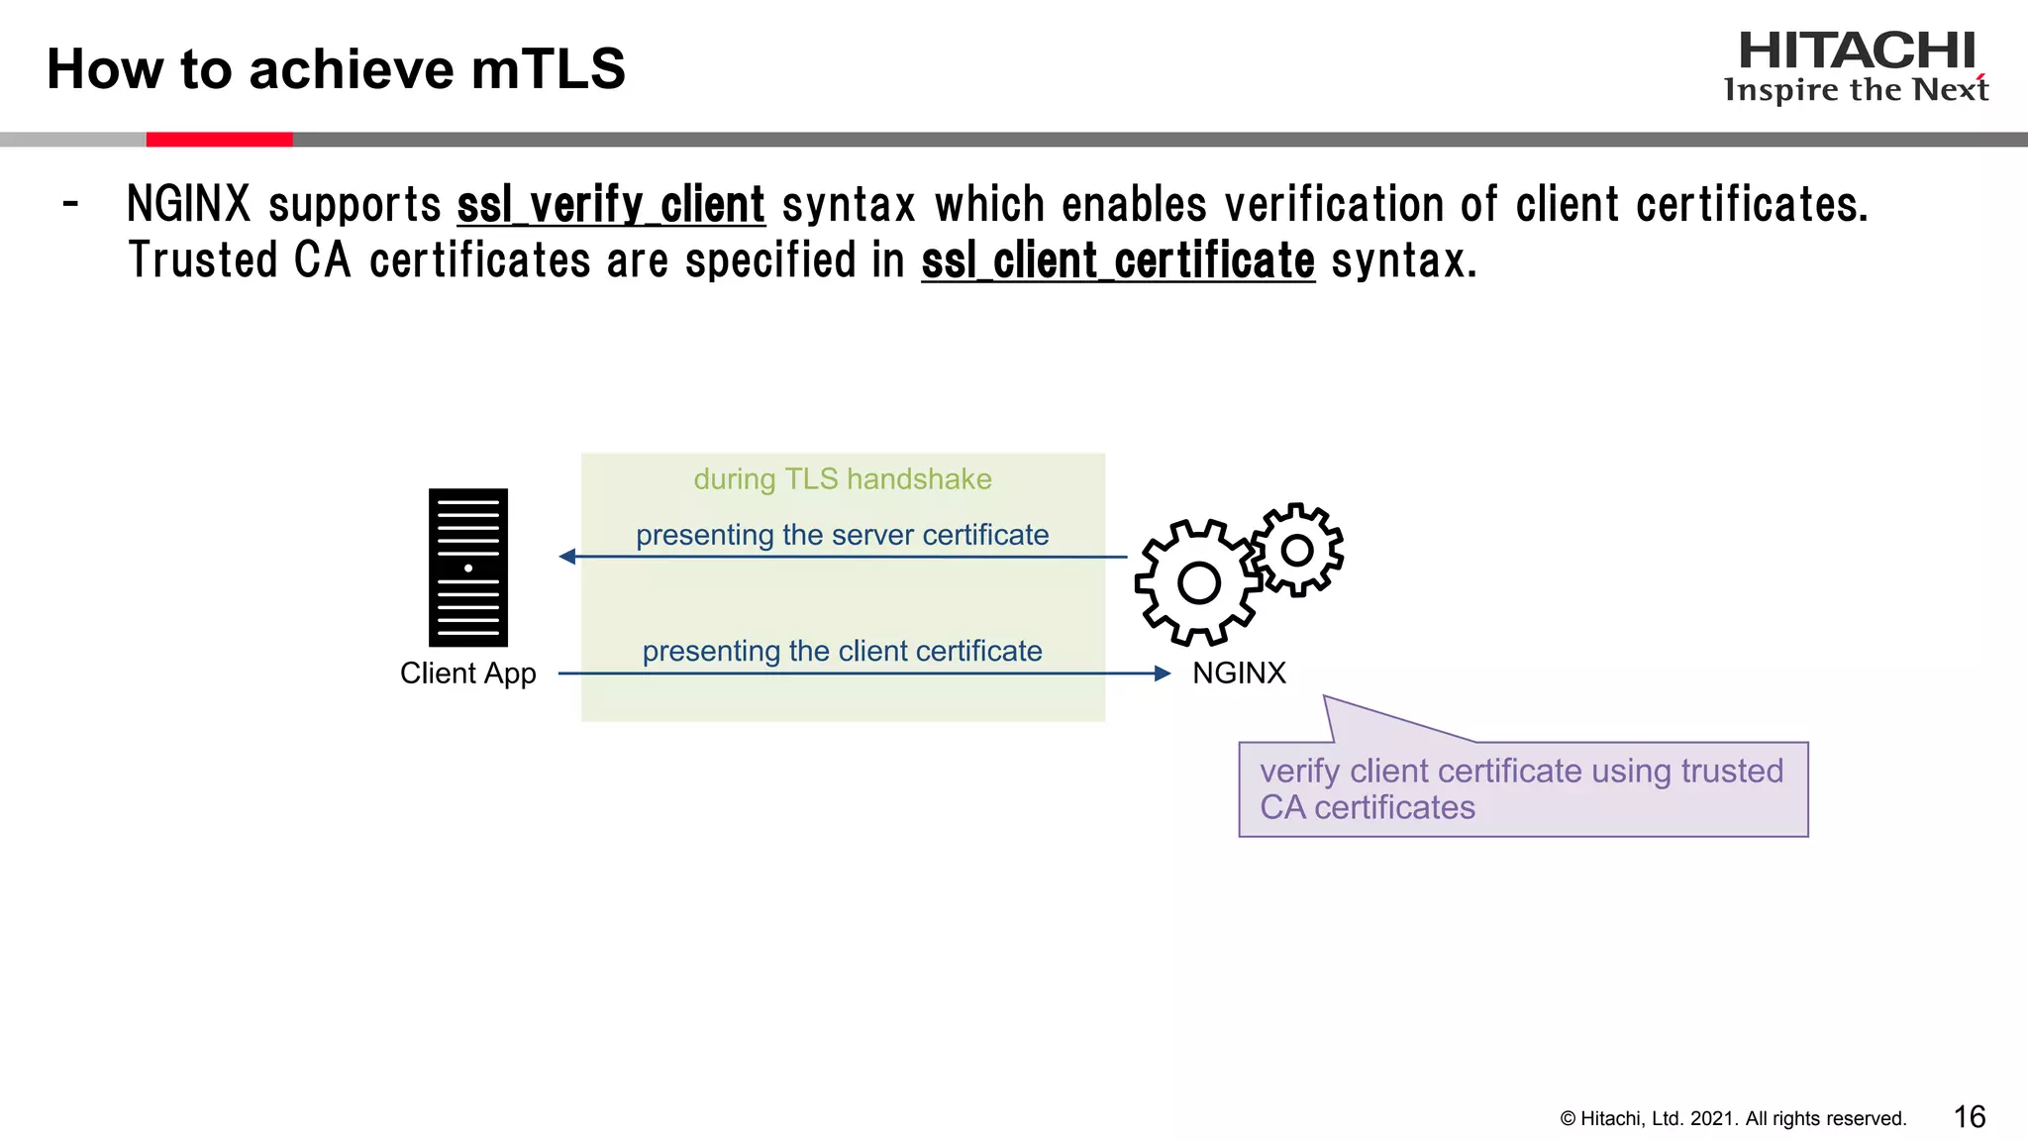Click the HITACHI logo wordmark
(x=1857, y=52)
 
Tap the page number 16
(x=1969, y=1117)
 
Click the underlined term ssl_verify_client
(x=611, y=205)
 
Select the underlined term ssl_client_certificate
(x=1118, y=261)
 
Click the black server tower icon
(x=468, y=568)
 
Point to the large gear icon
(x=1198, y=582)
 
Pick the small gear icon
(x=1296, y=550)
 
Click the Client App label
(x=468, y=674)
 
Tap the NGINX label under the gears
(x=1239, y=674)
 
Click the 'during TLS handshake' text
(x=843, y=479)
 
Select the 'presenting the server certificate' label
(x=843, y=535)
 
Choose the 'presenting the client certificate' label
(x=843, y=652)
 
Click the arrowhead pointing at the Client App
(x=567, y=557)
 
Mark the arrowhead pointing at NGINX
(x=1163, y=674)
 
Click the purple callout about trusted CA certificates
(x=1523, y=789)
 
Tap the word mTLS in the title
(x=549, y=69)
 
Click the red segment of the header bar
(x=220, y=140)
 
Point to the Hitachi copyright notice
(x=1733, y=1119)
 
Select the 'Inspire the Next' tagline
(x=1857, y=90)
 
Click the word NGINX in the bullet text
(x=189, y=205)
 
